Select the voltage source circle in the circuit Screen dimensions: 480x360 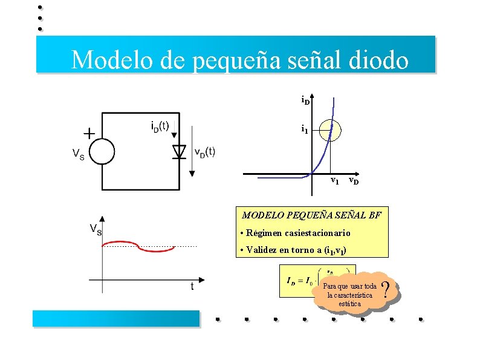tap(102, 151)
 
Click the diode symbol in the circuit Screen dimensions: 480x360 tap(178, 151)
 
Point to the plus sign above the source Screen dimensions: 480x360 tap(89, 133)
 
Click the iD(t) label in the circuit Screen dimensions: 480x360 tap(164, 127)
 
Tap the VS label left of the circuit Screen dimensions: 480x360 tap(79, 155)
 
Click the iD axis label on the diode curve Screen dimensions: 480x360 tap(305, 100)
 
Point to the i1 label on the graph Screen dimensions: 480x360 tap(305, 129)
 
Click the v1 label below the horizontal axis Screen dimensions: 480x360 tap(334, 181)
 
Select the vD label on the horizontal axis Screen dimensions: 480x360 tap(354, 181)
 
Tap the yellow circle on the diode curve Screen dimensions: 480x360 tap(331, 129)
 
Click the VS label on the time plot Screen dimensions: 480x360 tap(96, 229)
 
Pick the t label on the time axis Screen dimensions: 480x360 tap(192, 286)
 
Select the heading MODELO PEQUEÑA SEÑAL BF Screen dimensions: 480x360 tap(312, 215)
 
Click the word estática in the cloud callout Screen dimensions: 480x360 tap(349, 304)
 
